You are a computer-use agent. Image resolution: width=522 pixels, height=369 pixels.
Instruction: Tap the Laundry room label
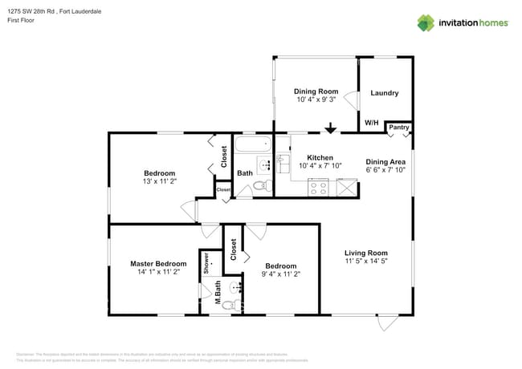click(x=384, y=93)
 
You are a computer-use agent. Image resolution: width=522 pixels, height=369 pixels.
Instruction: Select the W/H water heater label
click(x=372, y=123)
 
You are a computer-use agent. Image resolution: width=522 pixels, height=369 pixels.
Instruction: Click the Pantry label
click(x=399, y=128)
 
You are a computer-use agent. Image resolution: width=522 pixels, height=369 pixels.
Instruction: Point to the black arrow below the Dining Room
click(x=330, y=128)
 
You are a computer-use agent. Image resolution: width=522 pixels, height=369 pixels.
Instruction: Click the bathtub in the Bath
click(x=253, y=147)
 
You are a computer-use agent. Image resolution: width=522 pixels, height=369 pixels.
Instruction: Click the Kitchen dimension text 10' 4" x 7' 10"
click(x=320, y=166)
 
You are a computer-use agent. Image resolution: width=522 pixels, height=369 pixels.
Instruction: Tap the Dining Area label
click(x=385, y=161)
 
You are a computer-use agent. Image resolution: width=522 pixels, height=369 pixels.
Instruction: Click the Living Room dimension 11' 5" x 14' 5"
click(x=366, y=262)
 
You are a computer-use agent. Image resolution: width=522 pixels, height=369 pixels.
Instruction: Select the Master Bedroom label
click(x=159, y=263)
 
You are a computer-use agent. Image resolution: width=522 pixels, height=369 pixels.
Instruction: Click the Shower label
click(x=206, y=264)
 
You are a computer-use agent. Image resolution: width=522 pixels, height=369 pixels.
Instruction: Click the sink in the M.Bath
click(x=234, y=286)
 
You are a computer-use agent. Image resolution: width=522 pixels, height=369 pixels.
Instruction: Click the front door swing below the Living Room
click(x=388, y=322)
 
